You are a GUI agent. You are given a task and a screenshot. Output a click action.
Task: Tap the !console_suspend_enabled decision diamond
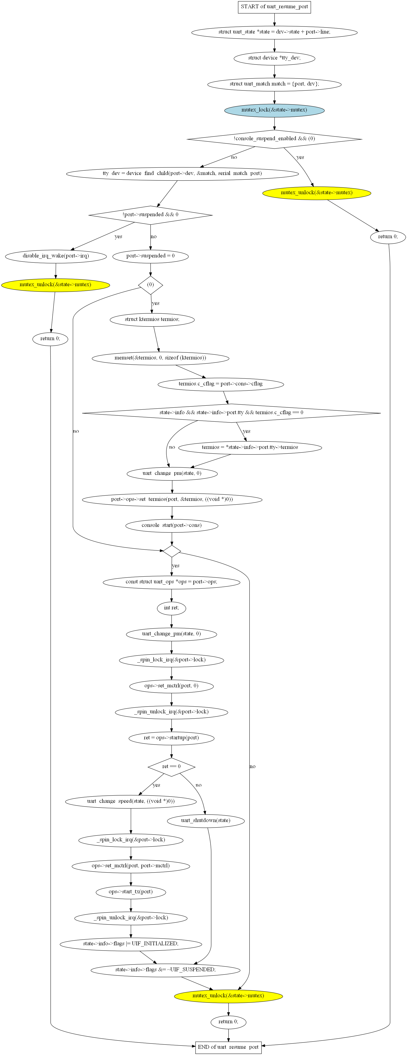tap(274, 139)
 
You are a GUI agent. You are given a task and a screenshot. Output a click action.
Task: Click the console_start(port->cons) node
tap(172, 525)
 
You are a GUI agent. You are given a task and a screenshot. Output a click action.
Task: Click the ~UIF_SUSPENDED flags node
tap(165, 970)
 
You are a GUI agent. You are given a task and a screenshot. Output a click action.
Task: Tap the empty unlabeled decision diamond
tap(172, 551)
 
